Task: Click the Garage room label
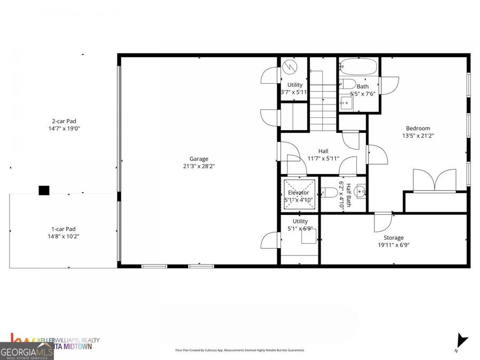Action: [199, 158]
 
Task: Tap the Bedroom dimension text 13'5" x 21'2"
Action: [418, 135]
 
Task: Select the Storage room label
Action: [394, 238]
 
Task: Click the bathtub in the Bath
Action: [358, 68]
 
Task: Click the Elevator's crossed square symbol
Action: [299, 195]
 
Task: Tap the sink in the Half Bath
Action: [361, 191]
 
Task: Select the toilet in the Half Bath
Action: [326, 192]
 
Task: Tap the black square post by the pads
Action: [44, 190]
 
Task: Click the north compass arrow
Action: [462, 340]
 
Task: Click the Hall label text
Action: [324, 151]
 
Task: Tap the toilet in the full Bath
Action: [347, 83]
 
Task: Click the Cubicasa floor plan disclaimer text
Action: [240, 350]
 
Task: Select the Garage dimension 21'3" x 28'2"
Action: [199, 166]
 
